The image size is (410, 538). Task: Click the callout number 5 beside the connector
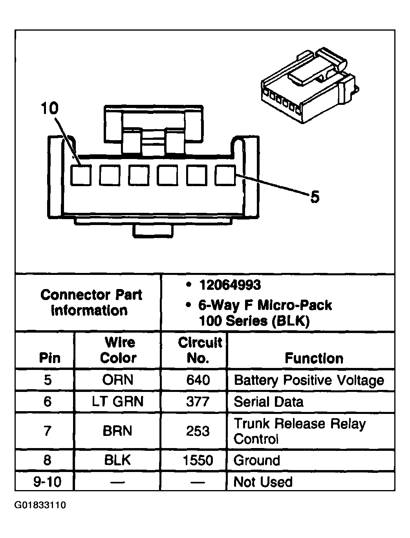(x=315, y=197)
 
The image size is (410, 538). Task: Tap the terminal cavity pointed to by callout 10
(x=81, y=175)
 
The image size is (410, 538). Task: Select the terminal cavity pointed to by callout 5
(x=225, y=175)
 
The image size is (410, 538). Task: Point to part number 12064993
(x=230, y=285)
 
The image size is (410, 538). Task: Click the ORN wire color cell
(x=118, y=380)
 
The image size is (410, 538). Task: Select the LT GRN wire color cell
(x=118, y=401)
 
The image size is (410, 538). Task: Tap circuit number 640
(x=198, y=380)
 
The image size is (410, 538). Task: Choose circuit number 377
(x=198, y=401)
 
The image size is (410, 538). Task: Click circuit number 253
(x=198, y=431)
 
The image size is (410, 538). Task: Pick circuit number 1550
(x=198, y=460)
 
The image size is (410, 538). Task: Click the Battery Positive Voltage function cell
(x=309, y=380)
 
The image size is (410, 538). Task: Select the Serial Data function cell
(x=269, y=401)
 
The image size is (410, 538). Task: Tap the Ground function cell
(x=257, y=460)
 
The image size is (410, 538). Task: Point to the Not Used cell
(x=263, y=481)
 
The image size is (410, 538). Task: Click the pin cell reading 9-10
(x=47, y=481)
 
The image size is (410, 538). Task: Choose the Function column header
(x=314, y=358)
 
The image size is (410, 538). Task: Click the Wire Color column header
(x=118, y=350)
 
